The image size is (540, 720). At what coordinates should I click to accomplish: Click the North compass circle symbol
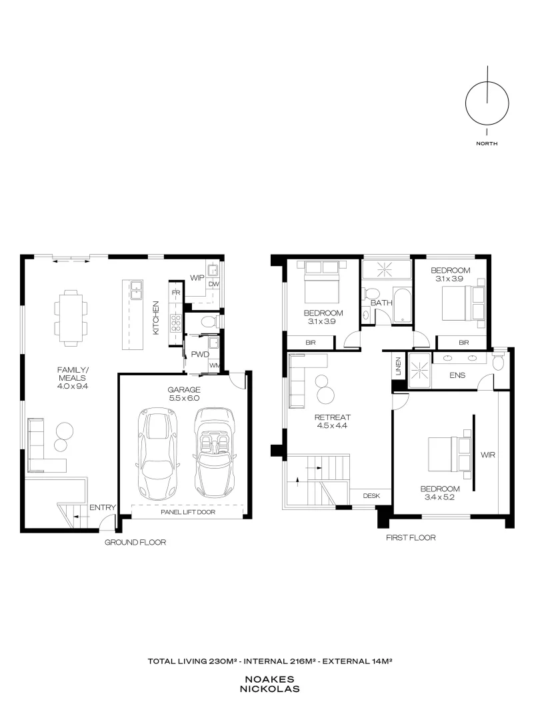(x=487, y=103)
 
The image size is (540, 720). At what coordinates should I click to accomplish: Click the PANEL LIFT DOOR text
(x=191, y=512)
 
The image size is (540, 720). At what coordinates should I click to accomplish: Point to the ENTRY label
(x=102, y=507)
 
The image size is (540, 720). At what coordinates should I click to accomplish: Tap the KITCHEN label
(x=156, y=317)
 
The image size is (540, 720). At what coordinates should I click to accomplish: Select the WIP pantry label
(x=197, y=277)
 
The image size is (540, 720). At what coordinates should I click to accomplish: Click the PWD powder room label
(x=199, y=354)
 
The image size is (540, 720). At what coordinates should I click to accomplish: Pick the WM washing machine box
(x=215, y=365)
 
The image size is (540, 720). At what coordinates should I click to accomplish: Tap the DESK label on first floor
(x=371, y=496)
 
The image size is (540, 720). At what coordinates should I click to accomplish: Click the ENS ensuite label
(x=457, y=375)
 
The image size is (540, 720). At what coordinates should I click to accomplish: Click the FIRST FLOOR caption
(x=410, y=537)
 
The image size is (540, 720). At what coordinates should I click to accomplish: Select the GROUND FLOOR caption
(x=135, y=542)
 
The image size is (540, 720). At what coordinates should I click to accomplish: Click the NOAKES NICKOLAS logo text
(x=270, y=683)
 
